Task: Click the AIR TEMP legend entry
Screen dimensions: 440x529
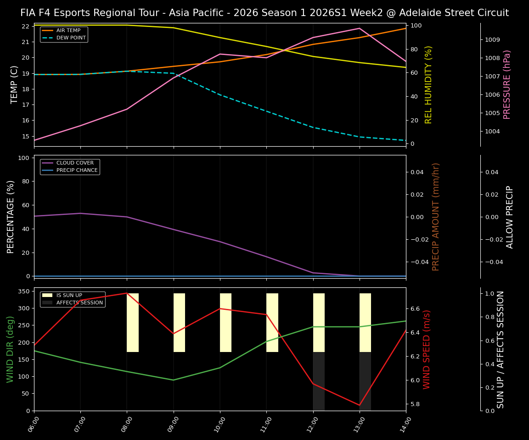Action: tap(68, 31)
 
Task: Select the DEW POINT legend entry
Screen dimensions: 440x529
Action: tap(71, 38)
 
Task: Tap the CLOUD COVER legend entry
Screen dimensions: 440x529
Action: tap(75, 163)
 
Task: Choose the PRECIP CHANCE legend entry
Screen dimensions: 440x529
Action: tap(77, 170)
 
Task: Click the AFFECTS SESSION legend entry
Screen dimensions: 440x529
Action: tap(79, 303)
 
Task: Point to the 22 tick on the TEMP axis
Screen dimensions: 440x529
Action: tap(26, 26)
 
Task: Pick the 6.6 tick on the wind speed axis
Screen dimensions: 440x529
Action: tap(416, 309)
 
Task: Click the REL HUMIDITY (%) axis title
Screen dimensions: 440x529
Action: tap(429, 85)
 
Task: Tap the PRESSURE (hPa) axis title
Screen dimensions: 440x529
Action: tap(507, 85)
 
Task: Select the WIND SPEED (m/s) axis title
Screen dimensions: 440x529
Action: tap(427, 349)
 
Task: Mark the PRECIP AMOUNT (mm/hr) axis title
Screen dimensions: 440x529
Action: tap(436, 217)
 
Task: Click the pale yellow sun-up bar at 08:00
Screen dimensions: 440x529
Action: tap(133, 323)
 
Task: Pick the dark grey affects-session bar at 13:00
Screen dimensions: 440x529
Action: tap(365, 381)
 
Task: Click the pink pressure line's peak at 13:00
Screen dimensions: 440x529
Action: tap(360, 28)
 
